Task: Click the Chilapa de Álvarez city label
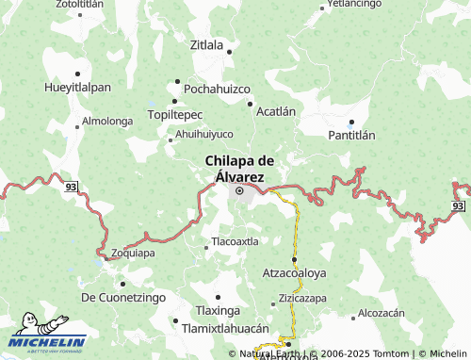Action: pyautogui.click(x=239, y=168)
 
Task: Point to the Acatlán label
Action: pyautogui.click(x=276, y=111)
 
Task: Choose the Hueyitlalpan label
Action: pyautogui.click(x=77, y=87)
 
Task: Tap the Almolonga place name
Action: pyautogui.click(x=107, y=121)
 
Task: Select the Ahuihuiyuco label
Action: pyautogui.click(x=204, y=134)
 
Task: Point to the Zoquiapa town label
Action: pyautogui.click(x=133, y=254)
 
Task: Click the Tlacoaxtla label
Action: pyautogui.click(x=235, y=241)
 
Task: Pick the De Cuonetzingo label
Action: pyautogui.click(x=123, y=297)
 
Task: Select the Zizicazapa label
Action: pyautogui.click(x=301, y=298)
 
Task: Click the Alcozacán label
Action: pyautogui.click(x=381, y=313)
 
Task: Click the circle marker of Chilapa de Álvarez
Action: pyautogui.click(x=239, y=190)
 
